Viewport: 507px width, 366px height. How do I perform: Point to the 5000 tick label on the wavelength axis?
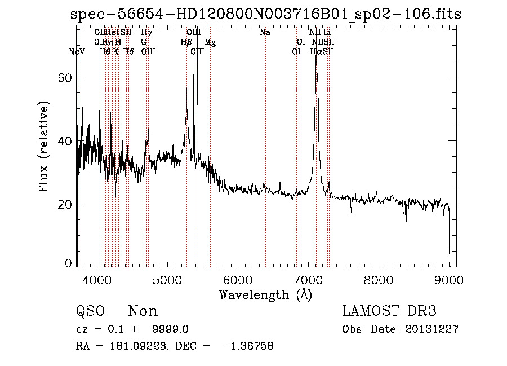(x=168, y=279)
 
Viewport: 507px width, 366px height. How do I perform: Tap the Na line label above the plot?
(x=265, y=33)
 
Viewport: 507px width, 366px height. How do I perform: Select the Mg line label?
(x=210, y=42)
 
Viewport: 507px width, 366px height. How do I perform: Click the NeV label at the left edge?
(x=77, y=52)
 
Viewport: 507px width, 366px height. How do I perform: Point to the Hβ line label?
(x=186, y=42)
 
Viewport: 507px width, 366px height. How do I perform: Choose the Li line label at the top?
(x=327, y=33)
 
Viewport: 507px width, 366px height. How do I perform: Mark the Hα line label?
(x=315, y=52)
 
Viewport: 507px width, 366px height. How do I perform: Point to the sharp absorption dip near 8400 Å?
(x=406, y=223)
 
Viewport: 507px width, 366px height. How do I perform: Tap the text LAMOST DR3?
(x=389, y=311)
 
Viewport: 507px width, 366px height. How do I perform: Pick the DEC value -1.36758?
(x=247, y=346)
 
